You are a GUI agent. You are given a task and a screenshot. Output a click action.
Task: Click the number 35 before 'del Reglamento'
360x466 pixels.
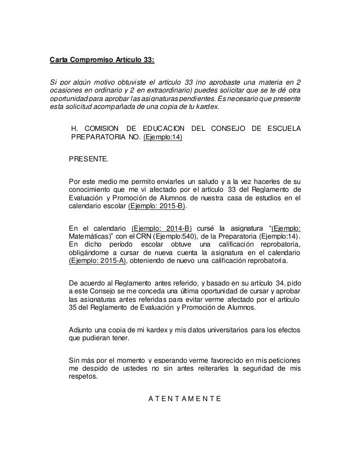(x=73, y=308)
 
